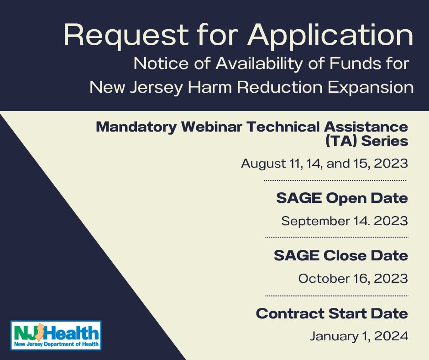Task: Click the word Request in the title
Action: click(x=126, y=35)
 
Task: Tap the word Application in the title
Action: click(x=330, y=35)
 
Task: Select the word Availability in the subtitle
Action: click(x=259, y=64)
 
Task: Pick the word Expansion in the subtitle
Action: click(x=371, y=88)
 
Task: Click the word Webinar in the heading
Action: click(x=211, y=127)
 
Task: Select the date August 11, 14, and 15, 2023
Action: click(x=324, y=164)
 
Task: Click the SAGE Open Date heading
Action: click(x=342, y=198)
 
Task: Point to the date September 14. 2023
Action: click(x=345, y=221)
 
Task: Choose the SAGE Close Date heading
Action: click(x=341, y=256)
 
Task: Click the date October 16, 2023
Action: click(x=353, y=279)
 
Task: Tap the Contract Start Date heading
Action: click(x=332, y=313)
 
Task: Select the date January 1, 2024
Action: click(x=359, y=336)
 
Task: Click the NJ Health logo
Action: click(x=56, y=335)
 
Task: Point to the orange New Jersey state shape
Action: click(x=40, y=332)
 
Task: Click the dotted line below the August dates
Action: click(x=336, y=180)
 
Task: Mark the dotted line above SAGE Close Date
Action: click(x=337, y=237)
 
